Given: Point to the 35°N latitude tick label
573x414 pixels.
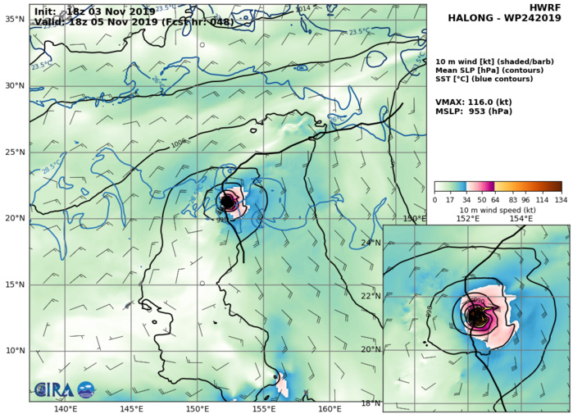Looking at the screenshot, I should click(14, 19).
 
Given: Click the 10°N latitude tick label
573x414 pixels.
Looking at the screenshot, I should click(14, 351).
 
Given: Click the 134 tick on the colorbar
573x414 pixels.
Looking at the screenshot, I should click(562, 199).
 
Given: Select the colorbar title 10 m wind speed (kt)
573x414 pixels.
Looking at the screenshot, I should click(498, 210).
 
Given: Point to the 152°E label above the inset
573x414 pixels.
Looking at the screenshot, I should click(468, 219).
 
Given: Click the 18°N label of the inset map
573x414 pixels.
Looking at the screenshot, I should click(371, 403).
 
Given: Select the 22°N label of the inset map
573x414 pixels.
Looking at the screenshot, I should click(371, 296).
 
